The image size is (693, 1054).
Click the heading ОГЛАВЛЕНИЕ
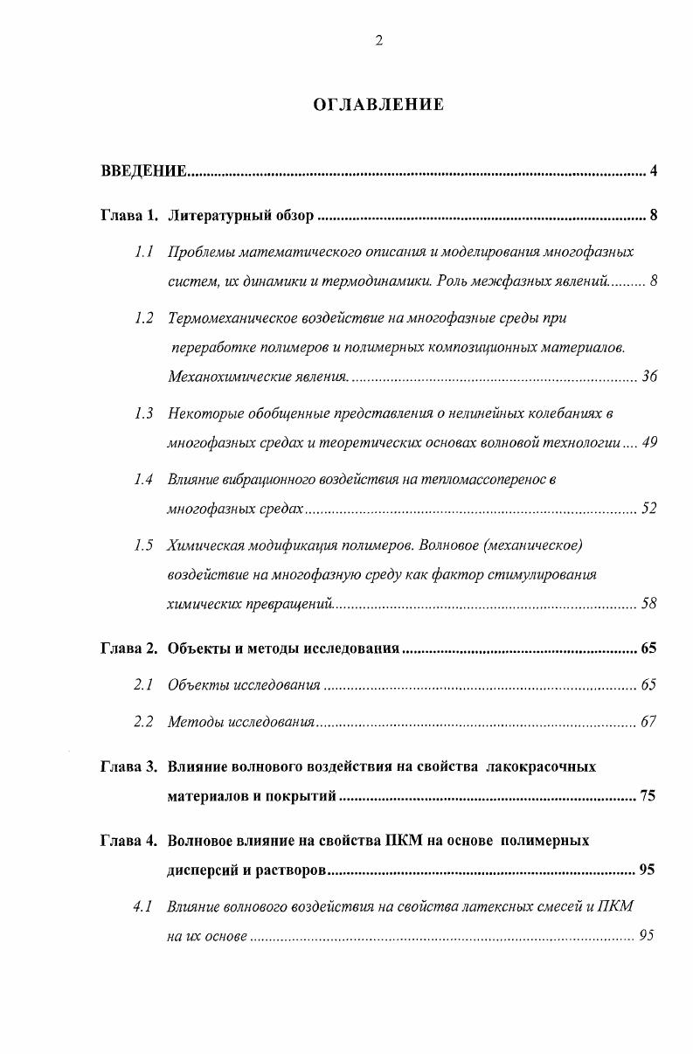click(x=378, y=105)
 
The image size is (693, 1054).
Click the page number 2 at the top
click(x=378, y=40)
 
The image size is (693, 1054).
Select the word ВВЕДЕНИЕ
click(x=144, y=170)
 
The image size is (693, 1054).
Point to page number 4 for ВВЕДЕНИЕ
click(x=653, y=170)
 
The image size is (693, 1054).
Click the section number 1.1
click(x=144, y=252)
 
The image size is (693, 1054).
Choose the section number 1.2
click(x=144, y=318)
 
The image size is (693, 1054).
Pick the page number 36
click(x=648, y=377)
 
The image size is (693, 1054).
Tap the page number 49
click(x=648, y=442)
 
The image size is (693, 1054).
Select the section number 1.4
click(x=144, y=479)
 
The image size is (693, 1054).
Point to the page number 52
click(x=648, y=509)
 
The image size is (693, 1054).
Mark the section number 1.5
click(x=144, y=545)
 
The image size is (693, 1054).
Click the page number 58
click(x=648, y=603)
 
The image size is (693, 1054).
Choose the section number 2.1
click(x=144, y=685)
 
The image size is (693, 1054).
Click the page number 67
click(x=648, y=722)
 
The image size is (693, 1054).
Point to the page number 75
click(x=648, y=796)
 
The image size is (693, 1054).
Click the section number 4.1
click(x=144, y=906)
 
